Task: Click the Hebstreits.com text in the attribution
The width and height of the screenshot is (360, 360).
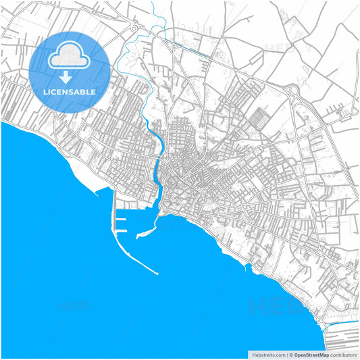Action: pyautogui.click(x=267, y=355)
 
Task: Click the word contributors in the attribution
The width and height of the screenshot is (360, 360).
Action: pyautogui.click(x=344, y=355)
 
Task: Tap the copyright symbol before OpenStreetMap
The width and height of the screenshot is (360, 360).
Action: pyautogui.click(x=290, y=355)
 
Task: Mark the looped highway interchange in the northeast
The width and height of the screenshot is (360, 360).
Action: pyautogui.click(x=294, y=90)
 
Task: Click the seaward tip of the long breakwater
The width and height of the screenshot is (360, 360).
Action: pyautogui.click(x=157, y=274)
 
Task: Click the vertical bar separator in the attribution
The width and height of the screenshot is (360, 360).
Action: pyautogui.click(x=286, y=355)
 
